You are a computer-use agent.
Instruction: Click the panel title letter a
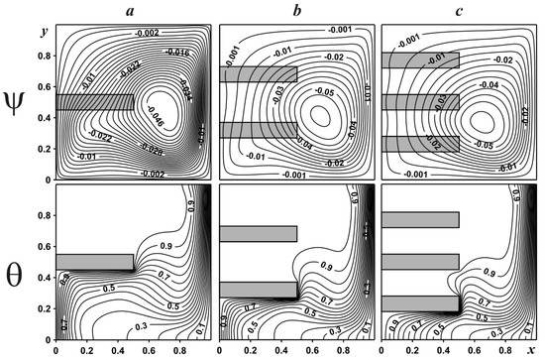[x=134, y=9]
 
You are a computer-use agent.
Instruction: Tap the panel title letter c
[x=461, y=9]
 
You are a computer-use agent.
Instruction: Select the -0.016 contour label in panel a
[x=178, y=52]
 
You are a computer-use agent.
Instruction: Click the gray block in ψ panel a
[x=94, y=101]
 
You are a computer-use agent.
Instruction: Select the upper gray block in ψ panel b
[x=258, y=73]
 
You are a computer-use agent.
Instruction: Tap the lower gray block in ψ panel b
[x=258, y=129]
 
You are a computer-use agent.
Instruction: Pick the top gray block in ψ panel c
[x=420, y=60]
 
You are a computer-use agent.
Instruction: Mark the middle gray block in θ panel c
[x=420, y=262]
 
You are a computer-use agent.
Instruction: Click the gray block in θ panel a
[x=94, y=262]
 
